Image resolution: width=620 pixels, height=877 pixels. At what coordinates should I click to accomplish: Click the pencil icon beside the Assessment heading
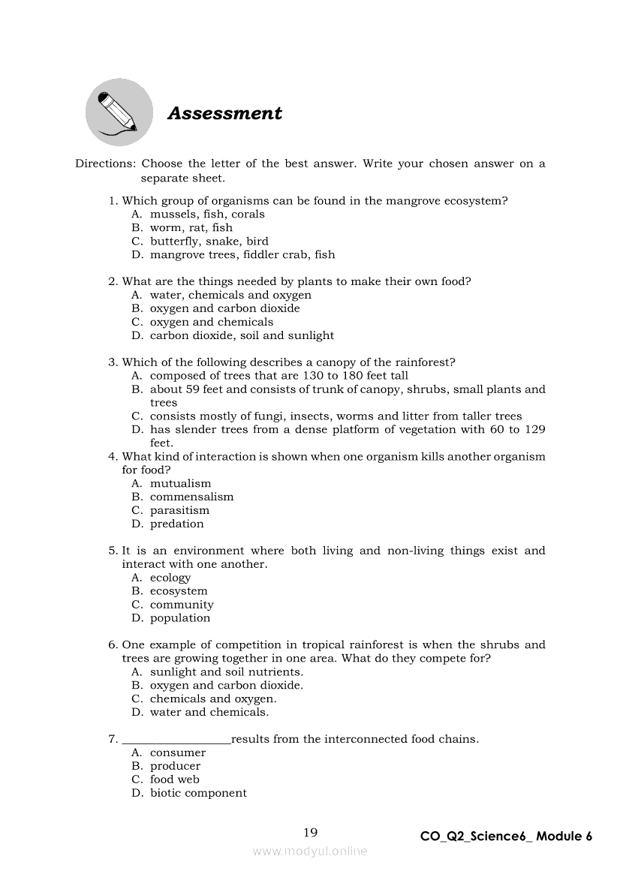[119, 113]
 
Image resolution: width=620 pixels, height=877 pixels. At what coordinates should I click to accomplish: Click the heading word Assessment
[224, 113]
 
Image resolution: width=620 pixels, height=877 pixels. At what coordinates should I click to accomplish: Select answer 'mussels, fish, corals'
[207, 214]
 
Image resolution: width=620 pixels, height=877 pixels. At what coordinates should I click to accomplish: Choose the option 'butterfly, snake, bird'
[209, 241]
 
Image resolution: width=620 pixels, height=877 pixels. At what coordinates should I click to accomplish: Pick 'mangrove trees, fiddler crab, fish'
[242, 254]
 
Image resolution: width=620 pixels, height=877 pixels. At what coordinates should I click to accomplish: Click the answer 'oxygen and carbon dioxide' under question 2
[224, 308]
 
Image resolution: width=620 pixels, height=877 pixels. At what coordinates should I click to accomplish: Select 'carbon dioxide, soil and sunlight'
[242, 335]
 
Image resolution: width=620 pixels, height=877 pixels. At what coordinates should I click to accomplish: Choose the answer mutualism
[180, 483]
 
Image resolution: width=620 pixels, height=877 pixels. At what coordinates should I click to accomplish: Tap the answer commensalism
[191, 497]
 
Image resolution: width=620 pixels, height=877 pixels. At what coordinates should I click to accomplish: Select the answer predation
[176, 524]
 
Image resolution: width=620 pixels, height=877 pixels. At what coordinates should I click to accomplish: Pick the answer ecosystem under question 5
[179, 591]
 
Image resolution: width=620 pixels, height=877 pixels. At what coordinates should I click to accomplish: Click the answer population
[180, 618]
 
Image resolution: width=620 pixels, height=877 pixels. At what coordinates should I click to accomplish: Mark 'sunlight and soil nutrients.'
[227, 671]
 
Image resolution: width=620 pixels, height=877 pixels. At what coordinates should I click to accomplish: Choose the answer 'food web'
[174, 779]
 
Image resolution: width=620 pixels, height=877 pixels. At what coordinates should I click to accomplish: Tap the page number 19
[311, 832]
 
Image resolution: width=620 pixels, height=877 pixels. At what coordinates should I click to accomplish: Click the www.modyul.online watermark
[310, 851]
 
